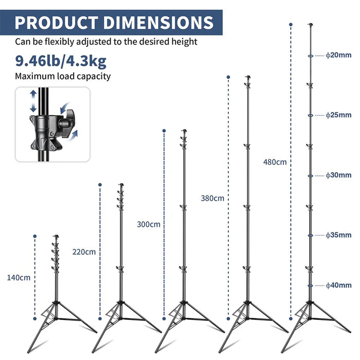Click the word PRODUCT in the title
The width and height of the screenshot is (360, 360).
click(56, 23)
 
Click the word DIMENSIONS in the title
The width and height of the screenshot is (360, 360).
click(158, 23)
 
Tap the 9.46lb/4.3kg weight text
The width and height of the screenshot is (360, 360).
click(61, 62)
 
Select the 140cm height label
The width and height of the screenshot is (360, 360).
click(19, 278)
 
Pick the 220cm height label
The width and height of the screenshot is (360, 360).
click(84, 252)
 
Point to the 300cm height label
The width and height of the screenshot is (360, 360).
click(149, 224)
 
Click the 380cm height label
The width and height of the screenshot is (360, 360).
click(212, 198)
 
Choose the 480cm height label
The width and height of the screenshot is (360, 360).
click(275, 162)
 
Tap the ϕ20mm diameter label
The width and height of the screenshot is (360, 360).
click(339, 55)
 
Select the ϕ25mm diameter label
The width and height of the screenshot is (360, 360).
click(339, 115)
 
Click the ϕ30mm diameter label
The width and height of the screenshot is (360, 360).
click(339, 175)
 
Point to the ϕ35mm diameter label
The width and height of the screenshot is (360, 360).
click(339, 235)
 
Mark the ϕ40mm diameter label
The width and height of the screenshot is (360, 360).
click(339, 285)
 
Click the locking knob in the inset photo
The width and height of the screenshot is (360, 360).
click(67, 123)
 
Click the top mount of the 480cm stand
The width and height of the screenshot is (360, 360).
click(310, 25)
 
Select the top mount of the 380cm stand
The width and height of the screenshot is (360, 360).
click(247, 79)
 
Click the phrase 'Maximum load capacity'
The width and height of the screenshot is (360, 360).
click(63, 77)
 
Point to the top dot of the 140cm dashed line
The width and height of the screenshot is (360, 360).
click(35, 237)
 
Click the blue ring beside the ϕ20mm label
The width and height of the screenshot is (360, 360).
click(310, 56)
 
